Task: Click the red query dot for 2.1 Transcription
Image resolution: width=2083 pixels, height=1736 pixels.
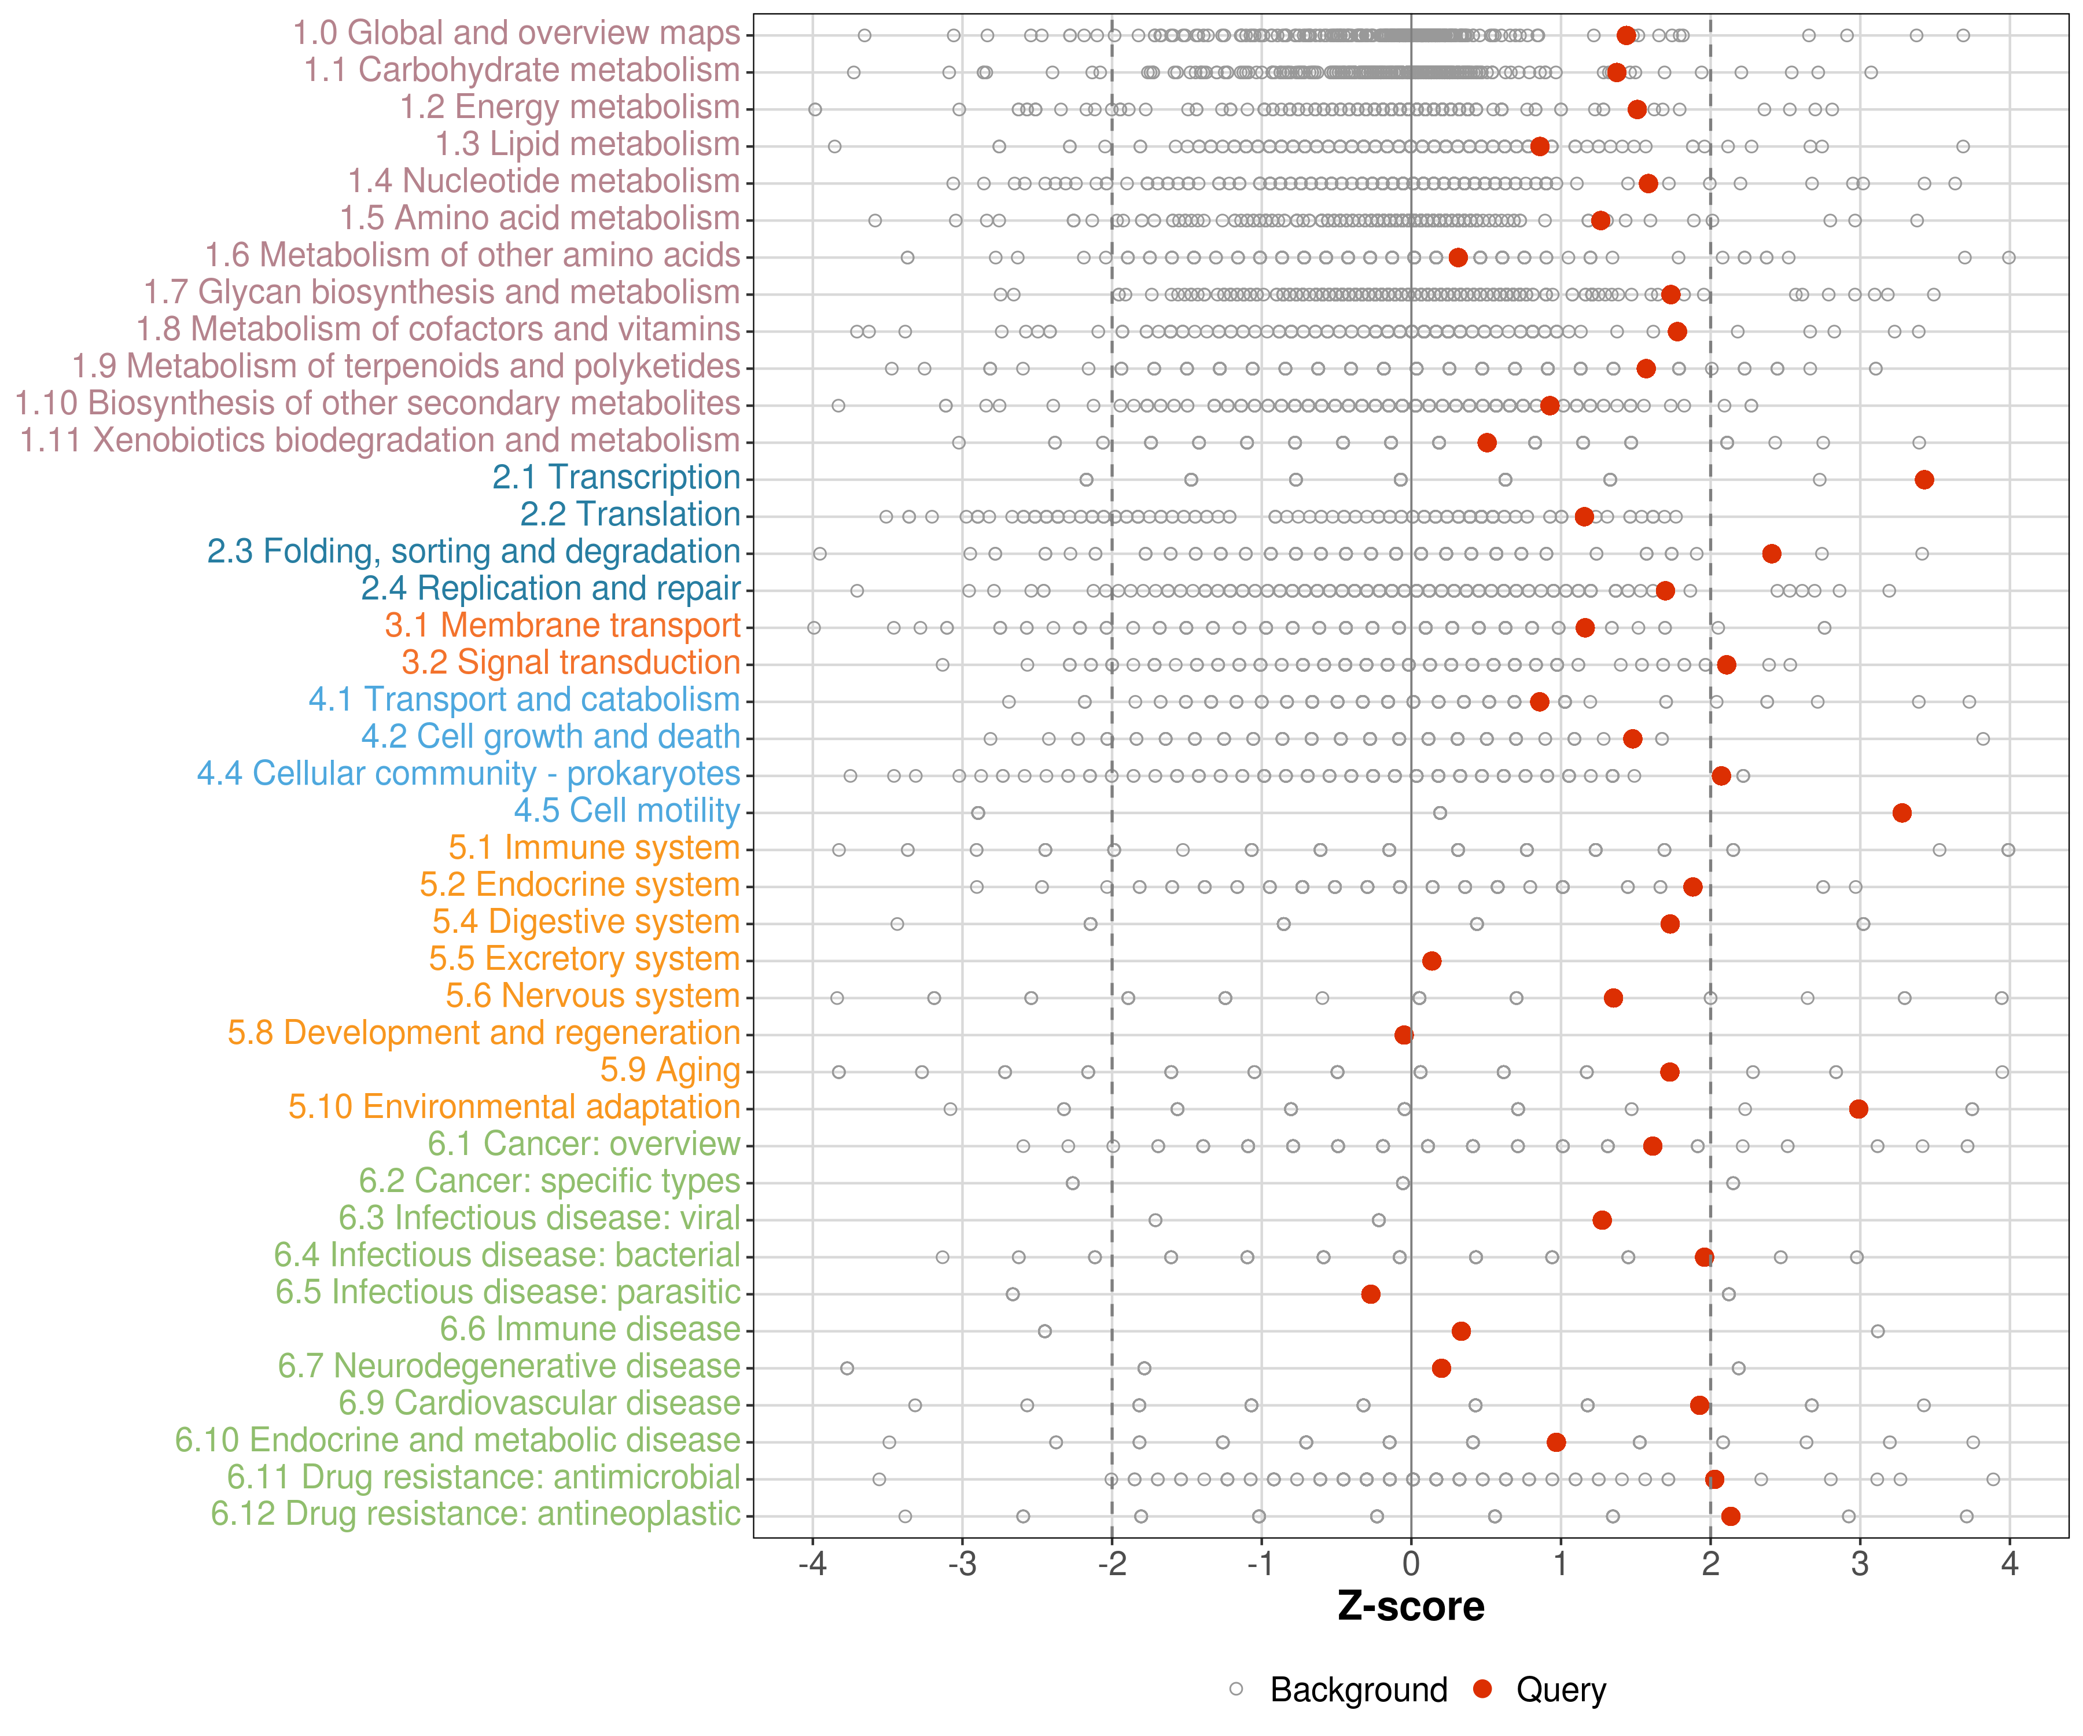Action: click(1924, 480)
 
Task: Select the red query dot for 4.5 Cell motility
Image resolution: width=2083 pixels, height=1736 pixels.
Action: click(1901, 812)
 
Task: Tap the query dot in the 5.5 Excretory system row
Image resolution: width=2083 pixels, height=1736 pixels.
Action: click(1431, 960)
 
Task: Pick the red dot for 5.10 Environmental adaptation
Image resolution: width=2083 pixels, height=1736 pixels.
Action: click(1859, 1108)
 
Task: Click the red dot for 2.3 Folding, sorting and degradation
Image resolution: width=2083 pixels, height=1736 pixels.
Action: click(1772, 554)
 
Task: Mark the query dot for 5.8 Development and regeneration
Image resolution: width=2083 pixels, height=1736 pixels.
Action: click(1404, 1035)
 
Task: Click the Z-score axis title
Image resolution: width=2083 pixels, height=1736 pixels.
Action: click(1411, 1607)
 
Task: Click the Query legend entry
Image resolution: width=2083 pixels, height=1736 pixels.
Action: click(1561, 1689)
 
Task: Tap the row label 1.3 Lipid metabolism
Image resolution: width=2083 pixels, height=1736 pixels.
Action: click(587, 145)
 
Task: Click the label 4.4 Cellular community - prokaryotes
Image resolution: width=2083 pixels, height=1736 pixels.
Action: click(468, 774)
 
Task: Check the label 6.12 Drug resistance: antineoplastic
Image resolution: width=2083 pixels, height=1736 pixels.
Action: click(475, 1515)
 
